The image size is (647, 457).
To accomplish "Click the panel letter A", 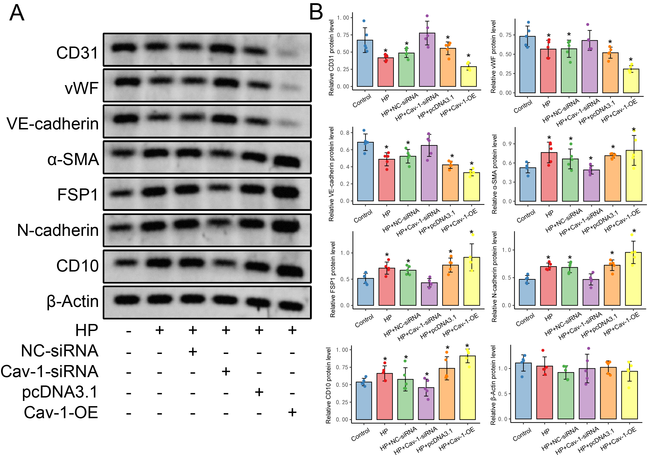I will [x=17, y=13].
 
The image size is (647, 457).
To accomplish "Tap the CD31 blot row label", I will [x=77, y=53].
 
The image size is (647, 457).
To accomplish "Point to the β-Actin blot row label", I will [x=73, y=301].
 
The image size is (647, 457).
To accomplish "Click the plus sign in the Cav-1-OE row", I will [x=292, y=413].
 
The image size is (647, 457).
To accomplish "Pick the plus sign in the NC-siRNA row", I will [x=193, y=351].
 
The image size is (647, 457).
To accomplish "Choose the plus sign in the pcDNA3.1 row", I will [x=259, y=392].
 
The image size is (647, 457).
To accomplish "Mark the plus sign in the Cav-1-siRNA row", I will [x=226, y=371].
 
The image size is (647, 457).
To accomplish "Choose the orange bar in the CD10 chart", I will [x=447, y=394].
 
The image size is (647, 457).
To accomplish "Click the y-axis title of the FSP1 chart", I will [x=333, y=280].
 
